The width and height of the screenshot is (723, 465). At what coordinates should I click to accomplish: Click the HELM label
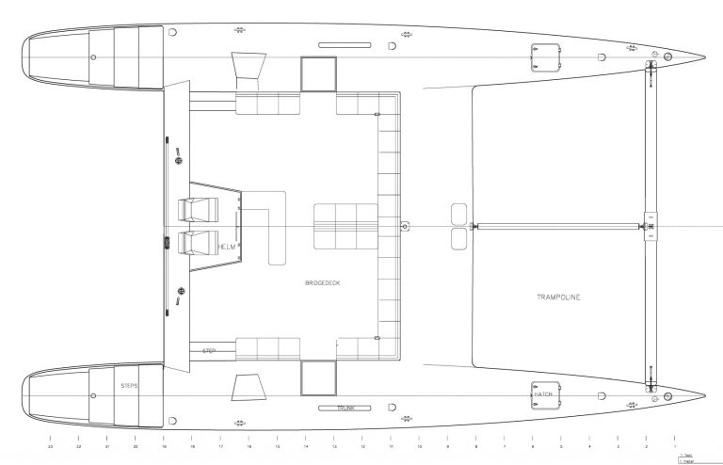[x=226, y=246]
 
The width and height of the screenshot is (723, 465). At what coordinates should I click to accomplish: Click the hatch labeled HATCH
[x=544, y=393]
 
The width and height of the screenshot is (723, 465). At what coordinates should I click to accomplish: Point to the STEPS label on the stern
[x=129, y=386]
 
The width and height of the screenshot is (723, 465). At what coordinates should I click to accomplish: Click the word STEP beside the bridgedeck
[x=209, y=350]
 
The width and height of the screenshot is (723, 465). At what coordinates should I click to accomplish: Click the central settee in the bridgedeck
[x=345, y=226]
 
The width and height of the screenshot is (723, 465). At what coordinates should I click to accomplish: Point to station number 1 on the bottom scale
[x=674, y=446]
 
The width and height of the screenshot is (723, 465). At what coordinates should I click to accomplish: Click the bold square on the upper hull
[x=318, y=72]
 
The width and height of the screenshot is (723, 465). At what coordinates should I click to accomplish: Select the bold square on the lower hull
[x=318, y=378]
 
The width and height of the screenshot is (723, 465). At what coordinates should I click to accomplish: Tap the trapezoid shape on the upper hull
[x=247, y=69]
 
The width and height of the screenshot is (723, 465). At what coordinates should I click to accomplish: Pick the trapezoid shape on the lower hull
[x=247, y=387]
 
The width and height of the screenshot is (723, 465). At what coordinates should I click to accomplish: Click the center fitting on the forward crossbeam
[x=649, y=226]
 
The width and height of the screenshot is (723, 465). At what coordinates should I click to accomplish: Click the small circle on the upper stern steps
[x=92, y=57]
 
